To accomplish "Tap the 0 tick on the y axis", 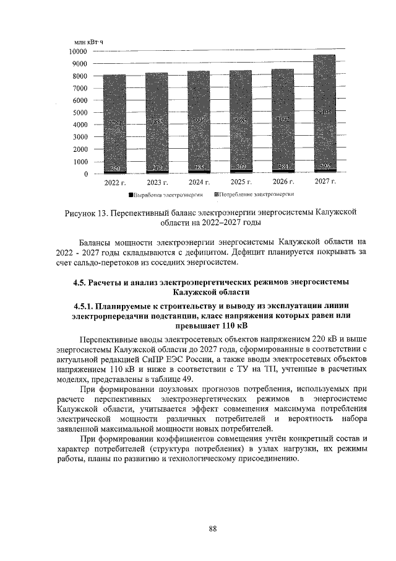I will [85, 174].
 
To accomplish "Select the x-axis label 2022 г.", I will [114, 183].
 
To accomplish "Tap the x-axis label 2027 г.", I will [325, 182].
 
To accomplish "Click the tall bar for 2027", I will [325, 112].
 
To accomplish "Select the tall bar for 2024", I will [199, 121].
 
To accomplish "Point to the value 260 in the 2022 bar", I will [114, 169].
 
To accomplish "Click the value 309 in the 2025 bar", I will [241, 168].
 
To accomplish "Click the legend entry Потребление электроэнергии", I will [252, 195].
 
